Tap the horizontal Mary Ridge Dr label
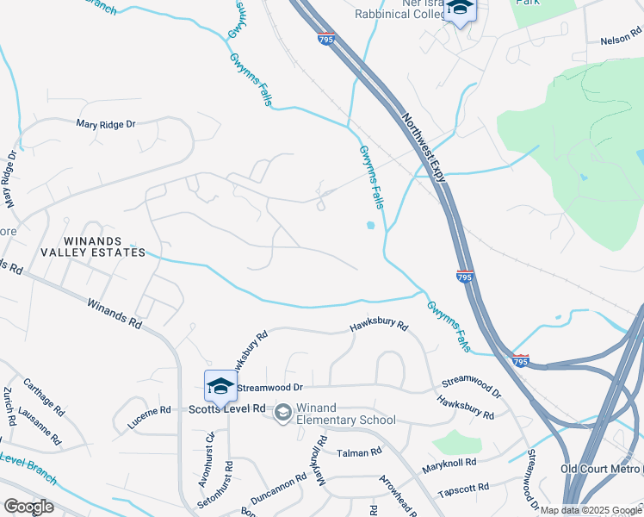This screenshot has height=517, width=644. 106,124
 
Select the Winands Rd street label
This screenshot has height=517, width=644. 115,312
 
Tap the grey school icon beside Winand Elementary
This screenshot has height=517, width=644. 282,414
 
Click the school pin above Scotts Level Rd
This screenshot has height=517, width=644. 220,386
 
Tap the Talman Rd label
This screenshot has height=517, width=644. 359,452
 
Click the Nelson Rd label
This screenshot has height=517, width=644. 622,40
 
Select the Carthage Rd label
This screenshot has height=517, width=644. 44,396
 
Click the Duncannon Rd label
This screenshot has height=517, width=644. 278,488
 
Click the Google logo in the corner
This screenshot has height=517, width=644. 28,507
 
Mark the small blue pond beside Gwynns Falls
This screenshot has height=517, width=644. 370,226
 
